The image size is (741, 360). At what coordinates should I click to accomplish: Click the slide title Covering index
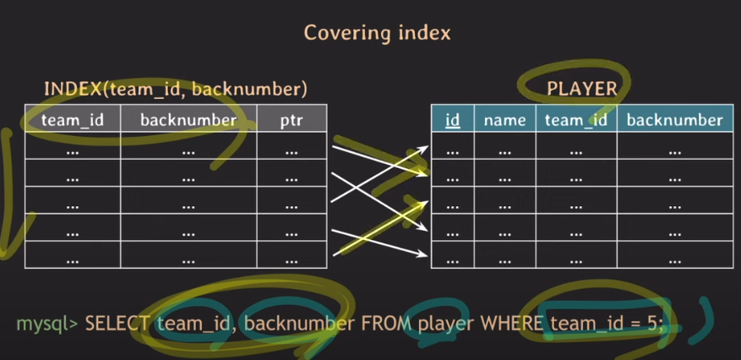377,33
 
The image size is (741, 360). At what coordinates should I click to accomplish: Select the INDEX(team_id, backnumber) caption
175,88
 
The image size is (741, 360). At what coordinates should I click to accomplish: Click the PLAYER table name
581,88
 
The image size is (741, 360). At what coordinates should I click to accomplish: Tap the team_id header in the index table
73,120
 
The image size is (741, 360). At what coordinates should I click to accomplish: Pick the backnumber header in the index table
188,120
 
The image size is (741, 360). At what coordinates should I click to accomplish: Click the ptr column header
291,120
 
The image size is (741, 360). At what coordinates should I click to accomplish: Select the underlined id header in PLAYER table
453,120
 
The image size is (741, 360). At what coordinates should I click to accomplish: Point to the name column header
504,120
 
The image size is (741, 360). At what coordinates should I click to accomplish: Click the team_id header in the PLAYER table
576,120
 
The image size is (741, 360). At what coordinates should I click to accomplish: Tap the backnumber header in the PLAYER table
674,120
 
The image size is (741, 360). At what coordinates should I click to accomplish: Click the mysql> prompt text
48,323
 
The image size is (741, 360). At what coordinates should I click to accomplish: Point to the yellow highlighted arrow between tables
377,230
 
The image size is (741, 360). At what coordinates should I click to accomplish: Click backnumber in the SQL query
287,323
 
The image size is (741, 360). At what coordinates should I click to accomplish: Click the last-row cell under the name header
504,254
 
